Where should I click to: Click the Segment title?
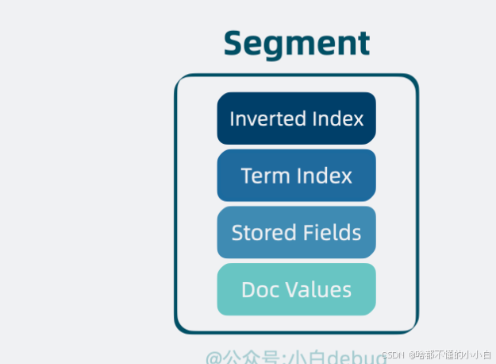tap(296, 43)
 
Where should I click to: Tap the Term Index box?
tap(296, 175)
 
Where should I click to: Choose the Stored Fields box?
tap(296, 232)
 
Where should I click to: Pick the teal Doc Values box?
tap(296, 289)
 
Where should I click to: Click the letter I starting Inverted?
tap(232, 118)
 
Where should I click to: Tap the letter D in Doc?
tap(248, 289)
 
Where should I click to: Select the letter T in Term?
tap(247, 175)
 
